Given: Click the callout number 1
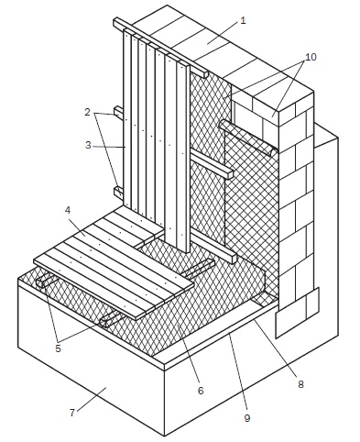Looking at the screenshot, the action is [x=243, y=21].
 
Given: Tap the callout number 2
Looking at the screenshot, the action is [x=88, y=112].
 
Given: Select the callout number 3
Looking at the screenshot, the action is [x=88, y=145].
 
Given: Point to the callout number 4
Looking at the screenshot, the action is [x=68, y=210].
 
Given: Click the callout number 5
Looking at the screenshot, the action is [x=58, y=348].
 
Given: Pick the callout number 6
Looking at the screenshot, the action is [x=201, y=391].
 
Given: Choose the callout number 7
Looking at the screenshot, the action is [x=72, y=413].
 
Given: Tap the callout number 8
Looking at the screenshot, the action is [x=300, y=384].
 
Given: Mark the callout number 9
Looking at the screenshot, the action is [x=247, y=418].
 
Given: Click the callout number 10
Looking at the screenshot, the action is [x=311, y=57].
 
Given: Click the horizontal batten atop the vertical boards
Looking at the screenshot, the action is [x=160, y=48].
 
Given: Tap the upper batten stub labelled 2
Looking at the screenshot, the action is [x=118, y=111].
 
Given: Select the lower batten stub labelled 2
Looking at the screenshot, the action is [x=118, y=192].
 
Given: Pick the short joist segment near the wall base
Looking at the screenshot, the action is [x=200, y=268].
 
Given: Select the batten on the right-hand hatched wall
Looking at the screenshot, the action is [x=248, y=138].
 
